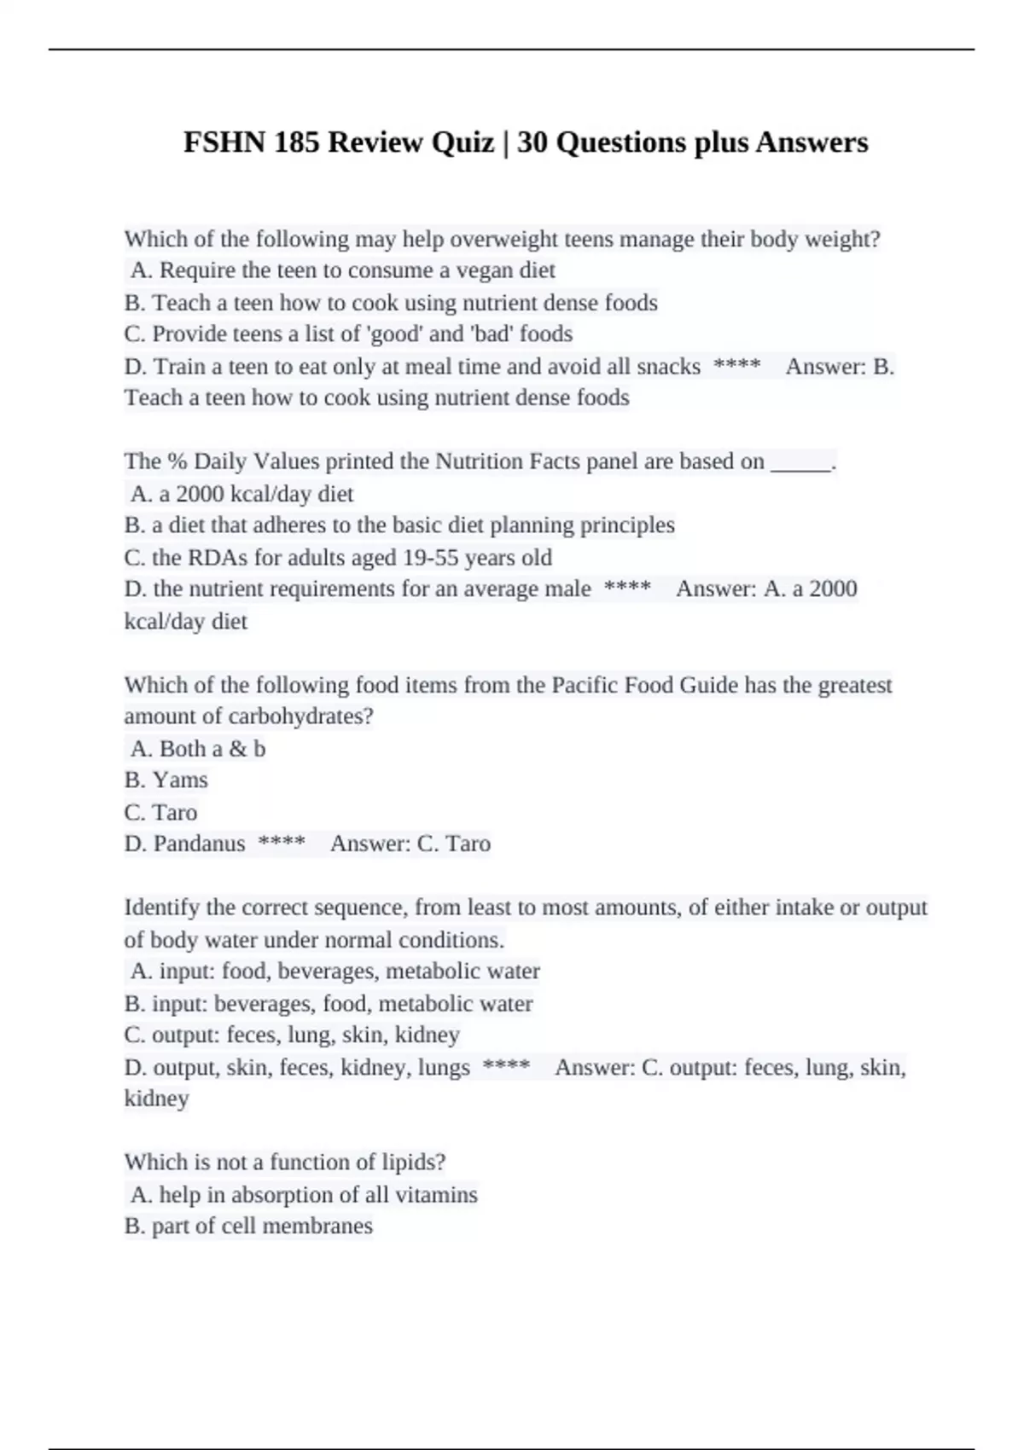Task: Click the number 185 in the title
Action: click(x=296, y=142)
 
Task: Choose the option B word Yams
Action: click(x=180, y=780)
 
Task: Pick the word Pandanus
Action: click(x=199, y=844)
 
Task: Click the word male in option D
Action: click(x=568, y=589)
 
